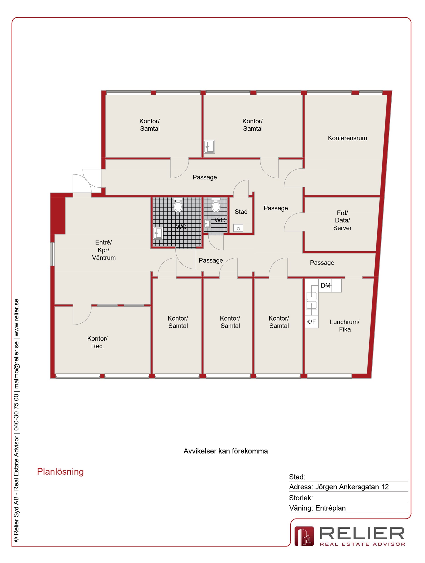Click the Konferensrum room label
347,138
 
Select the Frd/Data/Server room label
343,220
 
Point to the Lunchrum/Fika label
345,326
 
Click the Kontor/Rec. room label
97,342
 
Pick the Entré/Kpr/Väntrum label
104,250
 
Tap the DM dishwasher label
326,286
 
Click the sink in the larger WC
158,233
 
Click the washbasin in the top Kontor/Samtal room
210,147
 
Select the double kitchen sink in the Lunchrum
312,301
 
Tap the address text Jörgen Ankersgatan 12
352,487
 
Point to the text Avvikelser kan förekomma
226,451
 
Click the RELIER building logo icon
304,536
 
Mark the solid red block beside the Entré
58,215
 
